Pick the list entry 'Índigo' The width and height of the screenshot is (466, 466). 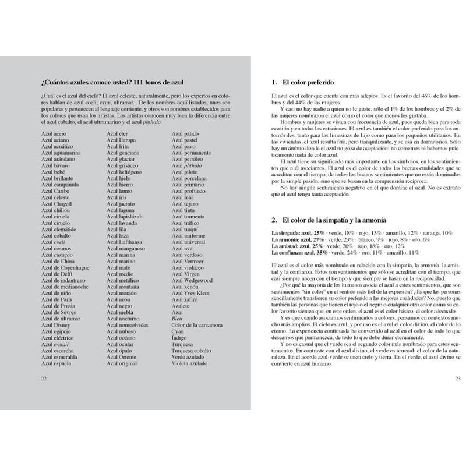(180, 336)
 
